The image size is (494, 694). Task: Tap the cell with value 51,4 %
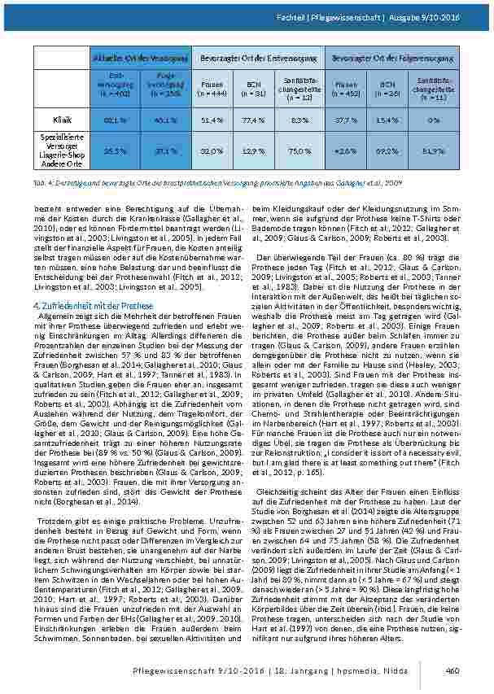pos(211,120)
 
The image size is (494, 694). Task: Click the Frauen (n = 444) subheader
pos(211,87)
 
